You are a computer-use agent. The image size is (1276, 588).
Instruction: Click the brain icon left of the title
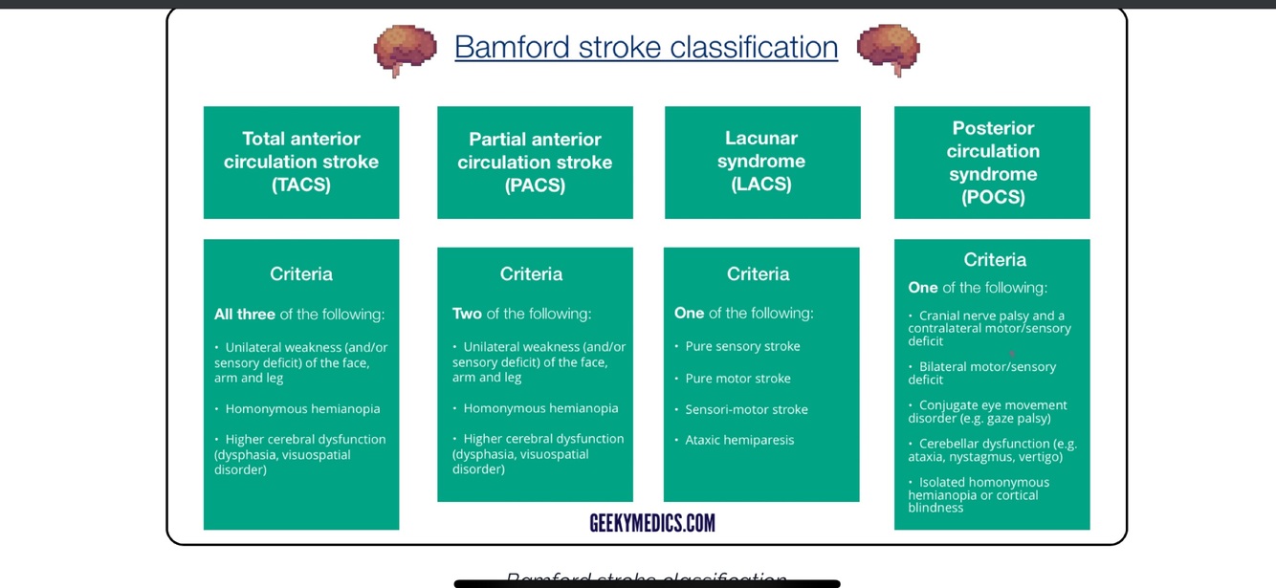click(405, 50)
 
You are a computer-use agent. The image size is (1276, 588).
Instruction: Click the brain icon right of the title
click(888, 50)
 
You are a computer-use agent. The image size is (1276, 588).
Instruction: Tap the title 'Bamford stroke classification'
click(646, 47)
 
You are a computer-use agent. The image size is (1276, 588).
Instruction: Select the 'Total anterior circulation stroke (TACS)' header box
click(301, 163)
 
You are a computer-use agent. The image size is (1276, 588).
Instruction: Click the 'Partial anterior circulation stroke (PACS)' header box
click(535, 163)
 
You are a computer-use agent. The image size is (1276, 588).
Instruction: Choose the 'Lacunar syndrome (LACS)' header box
click(762, 163)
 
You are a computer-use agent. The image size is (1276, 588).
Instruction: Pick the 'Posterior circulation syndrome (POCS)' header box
click(992, 163)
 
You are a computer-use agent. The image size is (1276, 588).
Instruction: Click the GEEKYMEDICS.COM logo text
click(652, 523)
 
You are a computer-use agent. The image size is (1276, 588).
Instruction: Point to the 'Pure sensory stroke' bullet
click(742, 346)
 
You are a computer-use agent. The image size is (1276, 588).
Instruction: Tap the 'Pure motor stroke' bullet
click(737, 379)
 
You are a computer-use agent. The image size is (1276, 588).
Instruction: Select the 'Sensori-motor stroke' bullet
click(746, 409)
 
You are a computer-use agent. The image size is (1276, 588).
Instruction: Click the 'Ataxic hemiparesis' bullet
click(739, 440)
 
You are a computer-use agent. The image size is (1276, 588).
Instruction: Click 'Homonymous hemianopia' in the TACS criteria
click(302, 409)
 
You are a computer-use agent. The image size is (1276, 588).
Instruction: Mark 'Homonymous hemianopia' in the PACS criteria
click(540, 408)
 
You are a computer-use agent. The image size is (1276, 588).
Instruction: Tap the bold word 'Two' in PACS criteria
click(467, 314)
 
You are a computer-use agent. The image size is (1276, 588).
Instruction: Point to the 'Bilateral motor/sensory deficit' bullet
click(985, 373)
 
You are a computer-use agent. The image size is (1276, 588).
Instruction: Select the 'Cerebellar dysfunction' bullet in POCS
click(995, 449)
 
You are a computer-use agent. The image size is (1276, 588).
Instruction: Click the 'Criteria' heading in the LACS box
click(758, 274)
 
